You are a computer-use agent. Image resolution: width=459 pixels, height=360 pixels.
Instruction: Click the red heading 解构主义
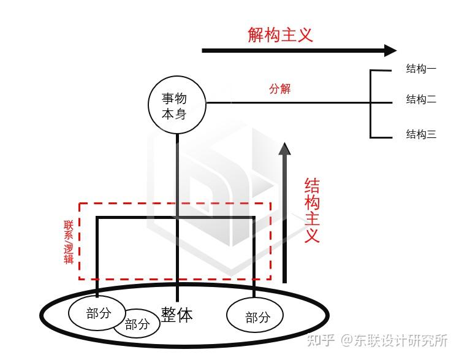(280, 34)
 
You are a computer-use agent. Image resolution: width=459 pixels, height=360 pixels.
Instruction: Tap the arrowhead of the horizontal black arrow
(390, 50)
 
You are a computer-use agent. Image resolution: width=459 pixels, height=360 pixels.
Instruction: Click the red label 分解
(280, 89)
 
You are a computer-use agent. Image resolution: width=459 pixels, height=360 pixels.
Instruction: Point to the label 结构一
(421, 69)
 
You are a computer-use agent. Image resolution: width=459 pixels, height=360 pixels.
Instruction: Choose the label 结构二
(421, 99)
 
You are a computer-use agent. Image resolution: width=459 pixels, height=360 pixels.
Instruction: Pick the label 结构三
(421, 134)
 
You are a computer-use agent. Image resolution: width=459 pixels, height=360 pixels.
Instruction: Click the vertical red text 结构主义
(312, 210)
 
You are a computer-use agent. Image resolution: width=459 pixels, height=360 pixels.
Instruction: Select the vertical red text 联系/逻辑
(68, 242)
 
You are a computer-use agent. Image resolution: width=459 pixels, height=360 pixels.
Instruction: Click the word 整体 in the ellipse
(177, 315)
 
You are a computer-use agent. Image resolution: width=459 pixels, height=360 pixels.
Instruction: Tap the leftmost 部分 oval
(98, 313)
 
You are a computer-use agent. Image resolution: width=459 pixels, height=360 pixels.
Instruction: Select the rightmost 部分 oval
(256, 317)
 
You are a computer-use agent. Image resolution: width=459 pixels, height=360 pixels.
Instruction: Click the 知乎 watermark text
(322, 340)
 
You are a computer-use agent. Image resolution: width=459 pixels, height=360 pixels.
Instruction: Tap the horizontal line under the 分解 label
(288, 102)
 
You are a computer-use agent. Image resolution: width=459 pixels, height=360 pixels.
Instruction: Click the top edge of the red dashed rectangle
(175, 203)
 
